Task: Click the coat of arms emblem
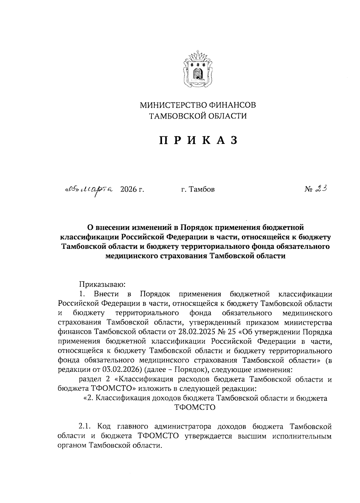click(x=198, y=69)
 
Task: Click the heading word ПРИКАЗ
click(x=198, y=140)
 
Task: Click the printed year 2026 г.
click(x=132, y=189)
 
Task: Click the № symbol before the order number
click(x=309, y=189)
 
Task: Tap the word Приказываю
click(x=99, y=284)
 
